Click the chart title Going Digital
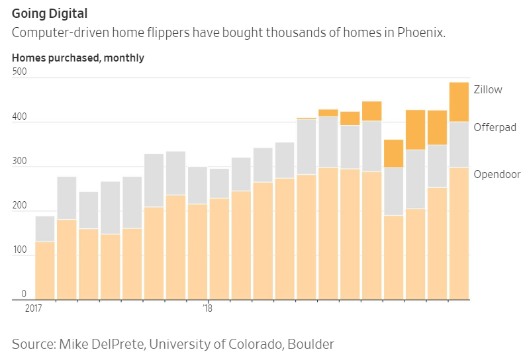point(50,13)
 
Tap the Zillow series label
point(487,90)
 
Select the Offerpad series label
point(495,127)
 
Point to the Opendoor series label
point(497,173)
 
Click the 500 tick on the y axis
point(20,71)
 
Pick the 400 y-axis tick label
point(20,117)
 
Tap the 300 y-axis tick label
point(20,161)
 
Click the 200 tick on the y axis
point(20,206)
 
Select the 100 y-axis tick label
point(20,251)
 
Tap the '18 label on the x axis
point(207,308)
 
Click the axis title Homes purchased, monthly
point(78,58)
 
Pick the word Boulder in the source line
point(309,344)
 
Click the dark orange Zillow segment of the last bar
point(459,102)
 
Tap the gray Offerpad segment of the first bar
point(45,229)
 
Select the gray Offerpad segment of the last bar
point(459,144)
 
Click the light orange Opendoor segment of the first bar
point(45,270)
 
